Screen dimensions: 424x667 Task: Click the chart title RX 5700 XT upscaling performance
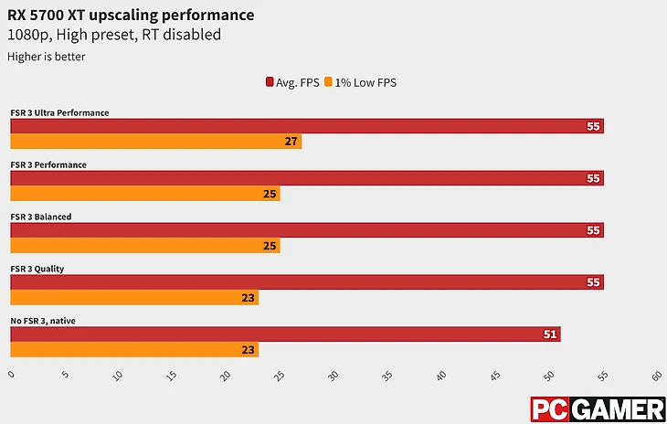pos(131,16)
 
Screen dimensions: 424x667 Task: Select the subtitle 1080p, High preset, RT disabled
pos(114,35)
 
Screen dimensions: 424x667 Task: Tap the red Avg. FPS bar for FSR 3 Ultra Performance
pos(306,126)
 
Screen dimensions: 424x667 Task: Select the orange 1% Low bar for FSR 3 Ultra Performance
pos(155,142)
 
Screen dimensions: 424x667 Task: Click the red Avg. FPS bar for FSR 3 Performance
pos(306,178)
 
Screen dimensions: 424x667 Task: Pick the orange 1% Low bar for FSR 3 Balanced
pos(144,246)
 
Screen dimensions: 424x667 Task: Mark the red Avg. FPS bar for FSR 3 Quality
pos(306,282)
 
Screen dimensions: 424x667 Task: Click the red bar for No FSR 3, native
pos(284,334)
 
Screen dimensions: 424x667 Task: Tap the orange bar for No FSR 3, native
pos(133,350)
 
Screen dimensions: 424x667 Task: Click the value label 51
pos(550,334)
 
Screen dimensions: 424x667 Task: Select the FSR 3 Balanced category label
pos(41,217)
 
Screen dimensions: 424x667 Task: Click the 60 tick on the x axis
pos(657,375)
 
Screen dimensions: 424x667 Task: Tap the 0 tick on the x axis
pos(11,375)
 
